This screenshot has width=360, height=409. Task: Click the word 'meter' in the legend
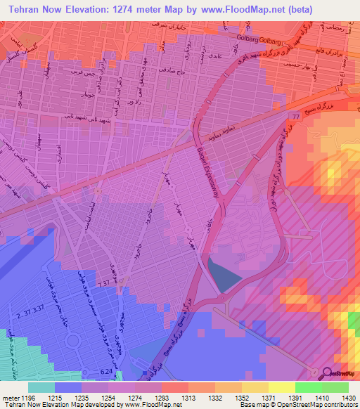10,397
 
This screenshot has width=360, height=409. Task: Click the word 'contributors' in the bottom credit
337,405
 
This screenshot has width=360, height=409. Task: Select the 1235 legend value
85,397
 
